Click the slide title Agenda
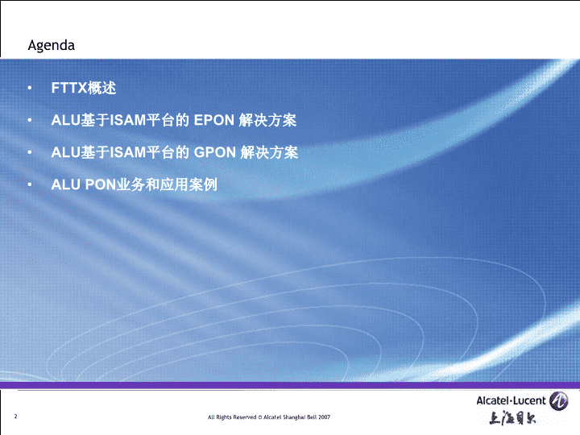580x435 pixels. (51, 45)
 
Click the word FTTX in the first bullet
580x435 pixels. (69, 88)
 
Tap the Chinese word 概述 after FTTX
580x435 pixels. (101, 88)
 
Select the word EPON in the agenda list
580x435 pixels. (214, 120)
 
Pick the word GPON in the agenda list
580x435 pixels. (215, 152)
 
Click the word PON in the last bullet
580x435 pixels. (101, 184)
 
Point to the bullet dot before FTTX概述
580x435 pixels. (30, 88)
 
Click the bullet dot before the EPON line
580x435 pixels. (30, 120)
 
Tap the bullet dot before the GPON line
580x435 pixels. (30, 152)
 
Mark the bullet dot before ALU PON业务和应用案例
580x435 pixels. (30, 184)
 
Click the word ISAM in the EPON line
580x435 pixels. (128, 120)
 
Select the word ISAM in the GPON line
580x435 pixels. (128, 152)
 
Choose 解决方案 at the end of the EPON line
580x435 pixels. (267, 120)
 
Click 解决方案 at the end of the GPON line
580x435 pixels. (269, 152)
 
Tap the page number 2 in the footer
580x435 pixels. (15, 416)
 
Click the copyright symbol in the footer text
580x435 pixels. (259, 417)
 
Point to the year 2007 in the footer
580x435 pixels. (324, 417)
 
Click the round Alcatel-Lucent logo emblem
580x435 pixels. (558, 400)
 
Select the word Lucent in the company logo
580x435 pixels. (530, 400)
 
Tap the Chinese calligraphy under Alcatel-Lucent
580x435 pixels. (512, 418)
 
